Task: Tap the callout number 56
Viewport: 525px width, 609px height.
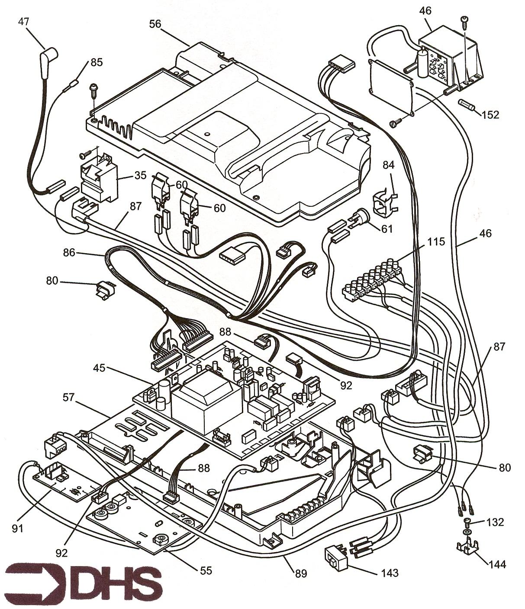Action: pos(155,24)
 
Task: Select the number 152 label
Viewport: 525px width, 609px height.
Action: pos(490,115)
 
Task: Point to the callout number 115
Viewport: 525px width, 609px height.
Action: pos(435,241)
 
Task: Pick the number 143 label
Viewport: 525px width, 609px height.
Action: pos(390,573)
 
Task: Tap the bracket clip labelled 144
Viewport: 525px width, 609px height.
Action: pos(468,547)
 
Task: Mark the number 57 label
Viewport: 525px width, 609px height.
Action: pos(68,396)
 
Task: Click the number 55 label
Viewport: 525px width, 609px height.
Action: pos(206,570)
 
